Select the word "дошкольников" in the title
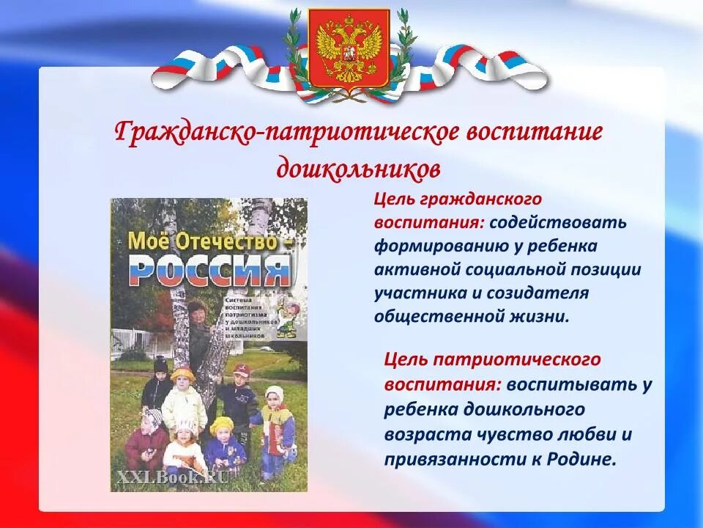[x=359, y=169]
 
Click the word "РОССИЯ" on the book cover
[x=209, y=271]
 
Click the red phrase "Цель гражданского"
[x=458, y=199]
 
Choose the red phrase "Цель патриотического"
[x=492, y=360]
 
